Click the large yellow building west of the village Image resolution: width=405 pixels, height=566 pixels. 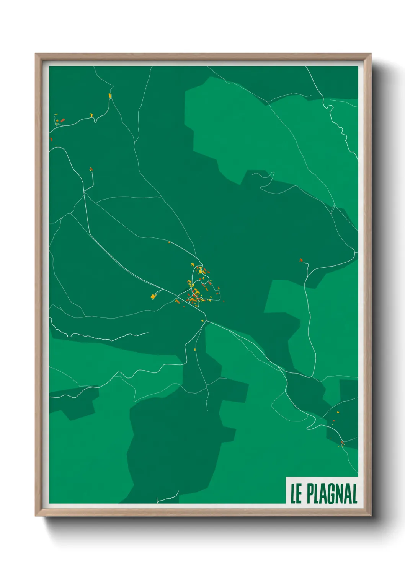pyautogui.click(x=154, y=296)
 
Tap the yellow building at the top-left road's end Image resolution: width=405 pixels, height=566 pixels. pyautogui.click(x=110, y=95)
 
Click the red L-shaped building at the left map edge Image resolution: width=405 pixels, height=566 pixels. pyautogui.click(x=51, y=139)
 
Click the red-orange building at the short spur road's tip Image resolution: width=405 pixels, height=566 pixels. pyautogui.click(x=91, y=168)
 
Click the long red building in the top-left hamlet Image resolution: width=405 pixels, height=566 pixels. pyautogui.click(x=63, y=120)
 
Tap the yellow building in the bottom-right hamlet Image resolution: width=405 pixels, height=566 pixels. pyautogui.click(x=338, y=412)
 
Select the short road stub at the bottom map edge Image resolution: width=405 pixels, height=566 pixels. pyautogui.click(x=168, y=499)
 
